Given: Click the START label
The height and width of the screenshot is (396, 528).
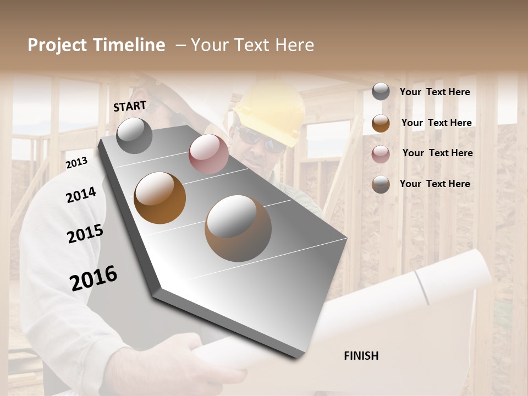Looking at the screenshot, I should point(130,106).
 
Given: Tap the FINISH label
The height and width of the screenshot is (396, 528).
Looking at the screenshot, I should point(361,356).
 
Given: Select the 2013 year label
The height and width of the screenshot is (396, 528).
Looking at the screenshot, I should point(76,162).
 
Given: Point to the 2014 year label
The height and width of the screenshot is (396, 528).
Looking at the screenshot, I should point(81,195).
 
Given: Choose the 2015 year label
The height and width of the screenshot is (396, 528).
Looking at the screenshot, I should point(85,234).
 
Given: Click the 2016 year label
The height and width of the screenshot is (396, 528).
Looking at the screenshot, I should point(94,278).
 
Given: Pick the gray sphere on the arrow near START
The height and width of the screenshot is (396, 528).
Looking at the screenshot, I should point(134,135).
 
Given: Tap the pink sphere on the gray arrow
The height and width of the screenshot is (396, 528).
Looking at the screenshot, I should point(208,154).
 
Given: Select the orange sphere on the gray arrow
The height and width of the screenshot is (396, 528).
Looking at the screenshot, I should point(159,198).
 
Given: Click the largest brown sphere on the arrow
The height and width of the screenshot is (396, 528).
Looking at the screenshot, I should point(238,228).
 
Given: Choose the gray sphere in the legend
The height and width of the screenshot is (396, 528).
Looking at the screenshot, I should point(381,91).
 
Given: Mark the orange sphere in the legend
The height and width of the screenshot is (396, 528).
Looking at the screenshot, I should point(381,123).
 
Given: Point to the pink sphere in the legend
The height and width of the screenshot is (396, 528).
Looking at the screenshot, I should point(381,154).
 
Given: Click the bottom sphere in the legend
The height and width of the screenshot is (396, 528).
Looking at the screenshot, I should point(381,184).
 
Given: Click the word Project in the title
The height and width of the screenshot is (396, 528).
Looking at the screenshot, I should point(58,45).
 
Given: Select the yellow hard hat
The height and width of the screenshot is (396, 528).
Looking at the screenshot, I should point(273,113).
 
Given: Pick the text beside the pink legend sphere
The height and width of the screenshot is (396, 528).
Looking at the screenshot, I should point(437,153).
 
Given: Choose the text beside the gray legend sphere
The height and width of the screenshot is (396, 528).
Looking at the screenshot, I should point(435,92).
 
